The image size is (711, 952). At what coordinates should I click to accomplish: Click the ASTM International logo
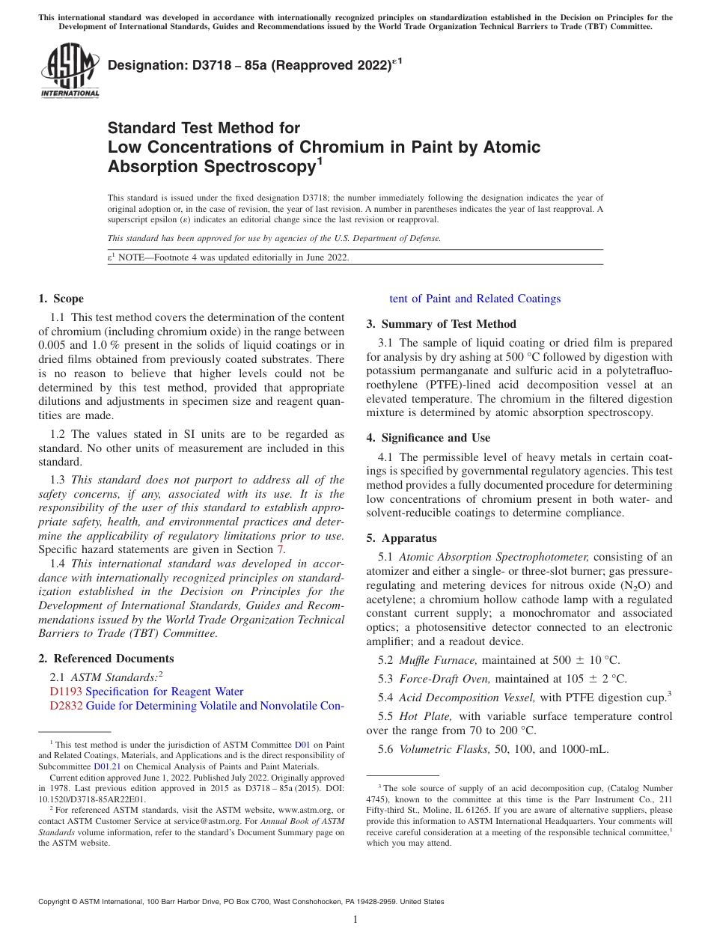pos(70,70)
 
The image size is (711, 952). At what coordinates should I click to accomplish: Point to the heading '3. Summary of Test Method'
pos(441,324)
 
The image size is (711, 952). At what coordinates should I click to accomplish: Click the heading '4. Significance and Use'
pos(428,438)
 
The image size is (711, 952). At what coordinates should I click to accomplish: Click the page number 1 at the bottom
pos(355,920)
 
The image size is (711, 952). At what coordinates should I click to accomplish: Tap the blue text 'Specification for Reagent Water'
pos(165,692)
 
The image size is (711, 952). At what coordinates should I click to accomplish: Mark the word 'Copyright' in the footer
pos(55,902)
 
